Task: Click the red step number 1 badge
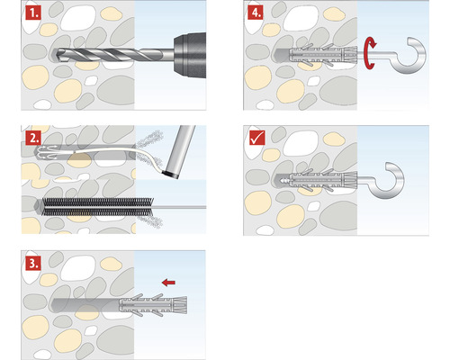(33, 15)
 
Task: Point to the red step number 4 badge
(257, 15)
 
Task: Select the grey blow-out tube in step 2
(183, 148)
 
